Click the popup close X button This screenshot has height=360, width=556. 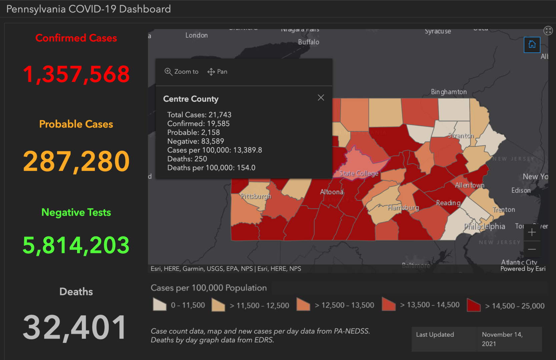point(321,98)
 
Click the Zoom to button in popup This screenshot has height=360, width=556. point(181,72)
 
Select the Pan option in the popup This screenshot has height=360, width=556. point(217,72)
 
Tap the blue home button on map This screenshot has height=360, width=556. point(532,44)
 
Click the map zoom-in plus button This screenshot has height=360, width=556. point(532,232)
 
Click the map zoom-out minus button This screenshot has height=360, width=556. point(532,249)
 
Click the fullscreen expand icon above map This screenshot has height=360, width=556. point(548,31)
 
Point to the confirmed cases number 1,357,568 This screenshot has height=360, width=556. point(76,74)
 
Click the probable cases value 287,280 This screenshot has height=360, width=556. point(76,161)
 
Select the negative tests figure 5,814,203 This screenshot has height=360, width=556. point(76,245)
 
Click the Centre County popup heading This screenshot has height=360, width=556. point(191,99)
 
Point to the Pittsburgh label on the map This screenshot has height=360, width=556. point(256,196)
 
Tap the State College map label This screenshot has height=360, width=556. point(359,173)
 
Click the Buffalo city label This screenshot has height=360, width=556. point(309,42)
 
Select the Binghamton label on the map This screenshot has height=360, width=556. point(449,92)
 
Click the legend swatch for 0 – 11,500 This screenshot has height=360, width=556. point(159,305)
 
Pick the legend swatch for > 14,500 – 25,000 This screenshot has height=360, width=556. point(474,305)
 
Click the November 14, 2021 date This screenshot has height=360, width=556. point(502,339)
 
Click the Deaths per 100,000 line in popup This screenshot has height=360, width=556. point(211,168)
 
